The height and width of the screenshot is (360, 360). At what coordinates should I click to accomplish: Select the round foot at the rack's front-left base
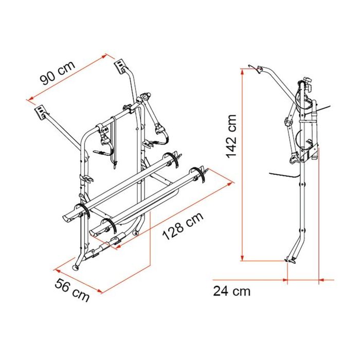point(77,267)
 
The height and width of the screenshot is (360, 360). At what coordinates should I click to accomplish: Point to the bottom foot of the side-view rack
point(290,262)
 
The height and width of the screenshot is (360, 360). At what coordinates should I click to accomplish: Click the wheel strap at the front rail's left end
point(85,211)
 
